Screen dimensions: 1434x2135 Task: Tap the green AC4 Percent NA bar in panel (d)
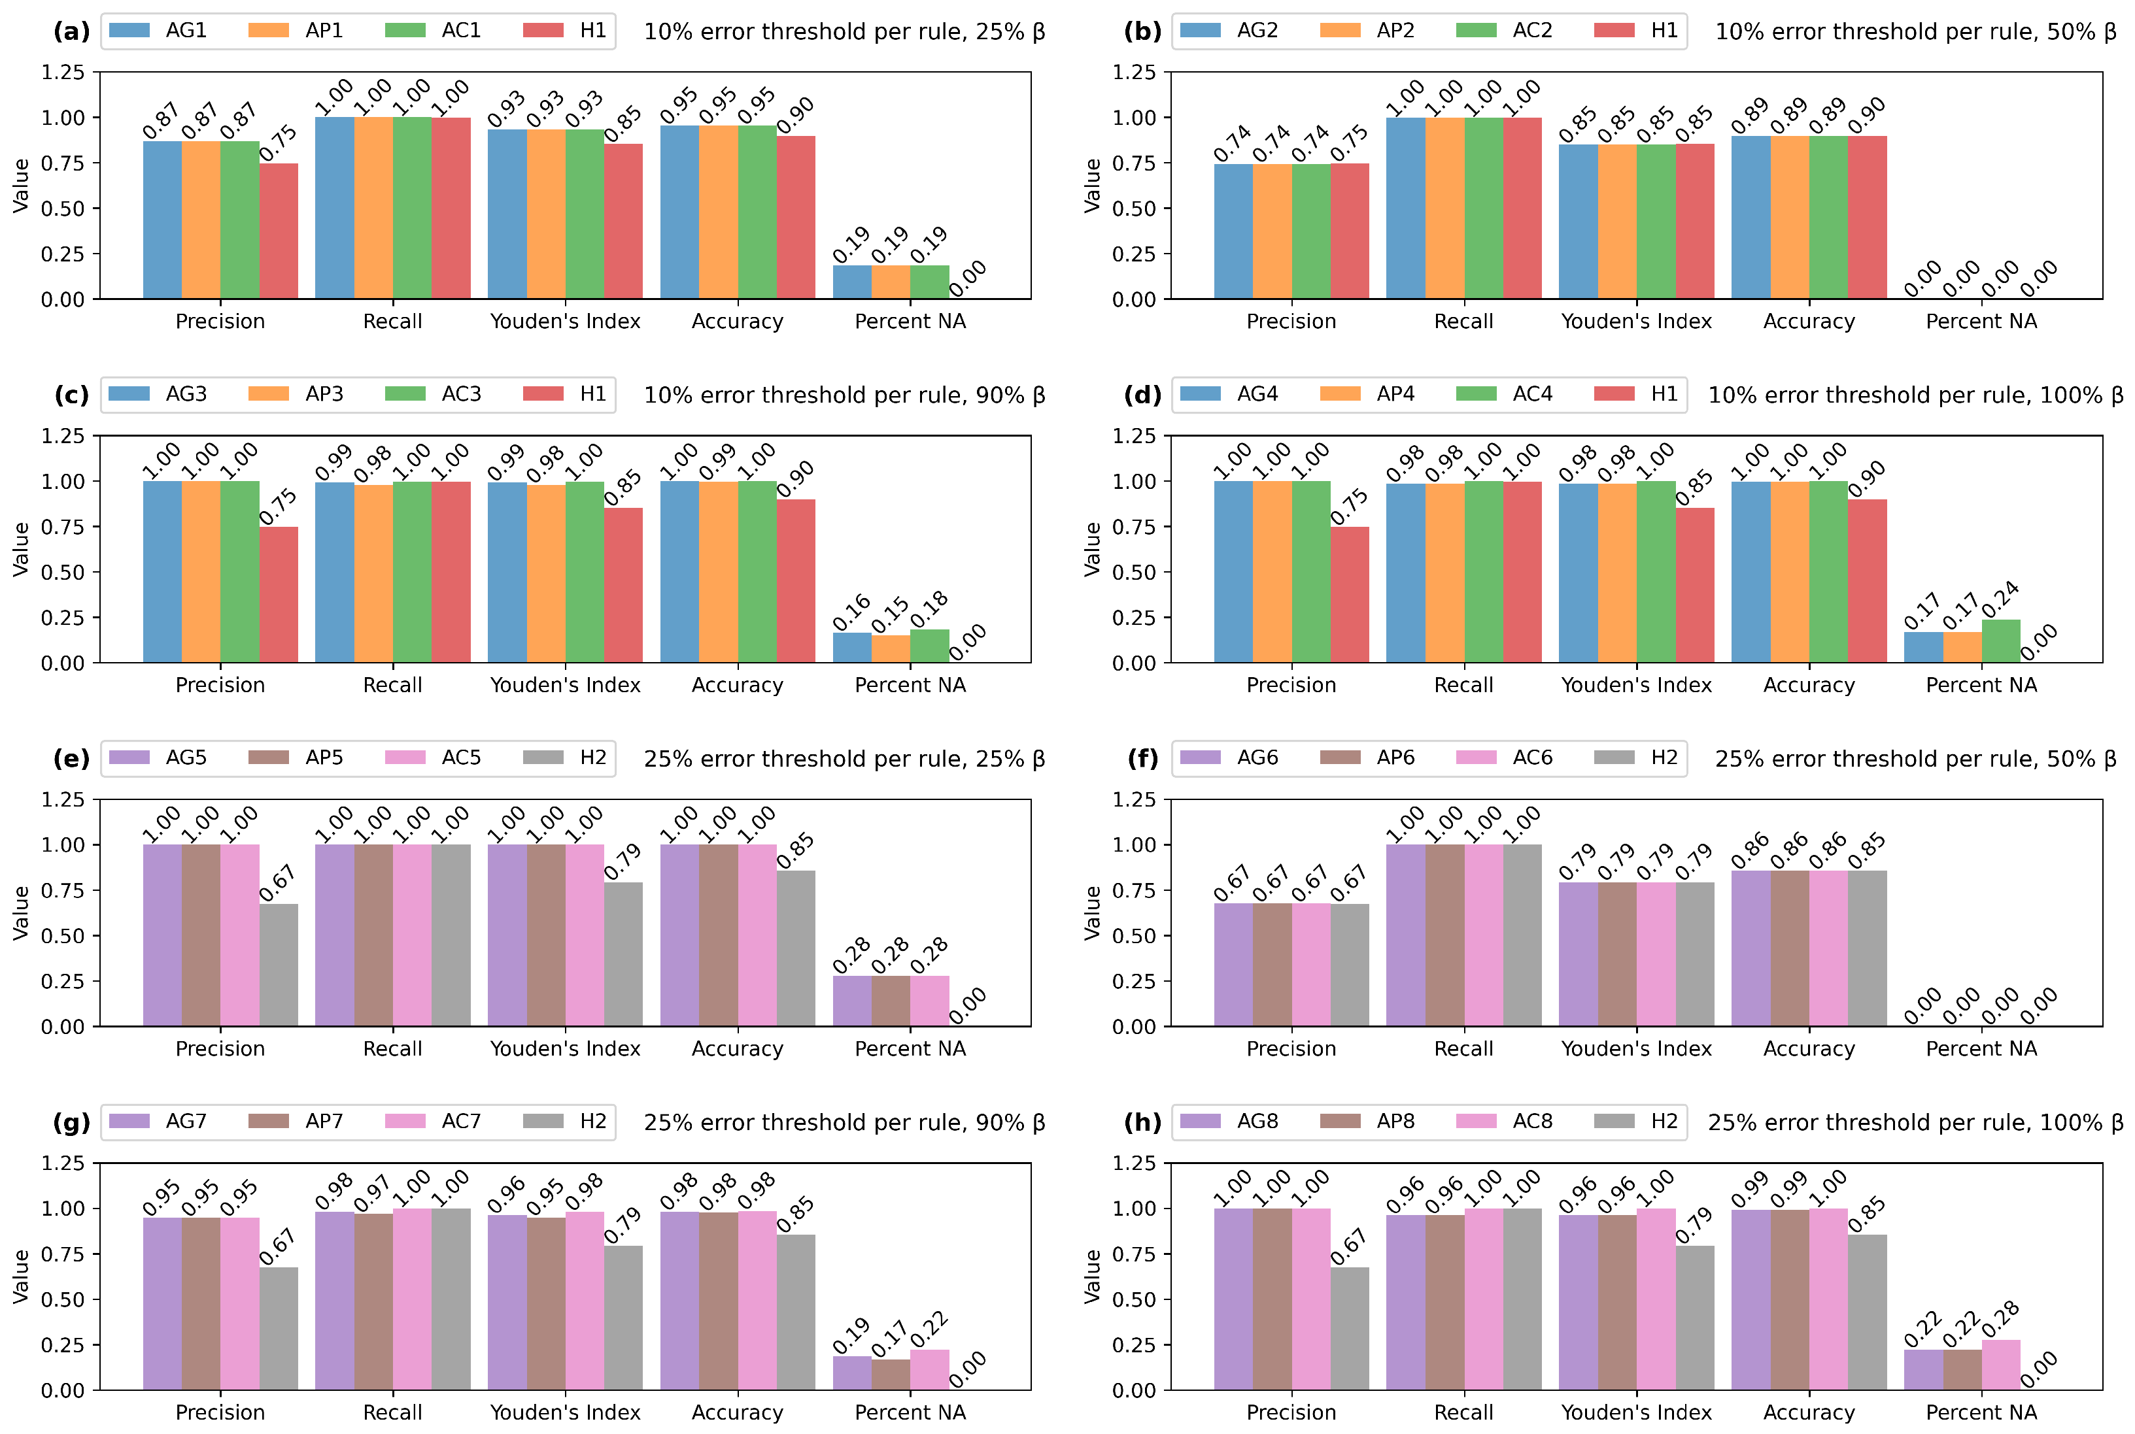(2000, 641)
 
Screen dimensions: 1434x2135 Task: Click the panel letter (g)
(71, 1122)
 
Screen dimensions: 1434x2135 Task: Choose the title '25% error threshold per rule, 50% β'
(1915, 759)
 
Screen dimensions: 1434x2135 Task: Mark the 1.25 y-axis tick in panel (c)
(62, 436)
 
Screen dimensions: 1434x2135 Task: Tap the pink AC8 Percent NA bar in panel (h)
(2000, 1365)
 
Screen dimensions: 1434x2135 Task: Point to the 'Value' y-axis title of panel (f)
(1091, 912)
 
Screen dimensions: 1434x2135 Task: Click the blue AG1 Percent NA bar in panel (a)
(851, 282)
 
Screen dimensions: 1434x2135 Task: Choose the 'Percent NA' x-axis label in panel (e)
(910, 1049)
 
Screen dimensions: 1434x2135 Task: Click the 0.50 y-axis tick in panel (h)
(1133, 1299)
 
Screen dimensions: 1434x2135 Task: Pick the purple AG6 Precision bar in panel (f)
(1233, 965)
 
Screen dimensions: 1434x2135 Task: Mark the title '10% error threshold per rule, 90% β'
(844, 395)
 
